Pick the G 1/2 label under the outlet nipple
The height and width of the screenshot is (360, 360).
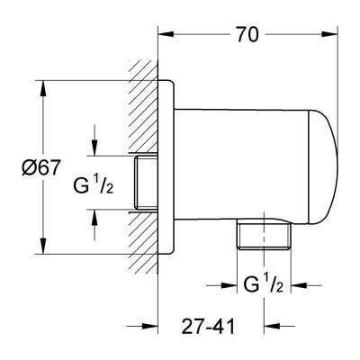264,289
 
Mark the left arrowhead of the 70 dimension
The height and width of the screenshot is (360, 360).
164,35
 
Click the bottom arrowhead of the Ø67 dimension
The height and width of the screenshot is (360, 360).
42,251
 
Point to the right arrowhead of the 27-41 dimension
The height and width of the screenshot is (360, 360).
258,328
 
